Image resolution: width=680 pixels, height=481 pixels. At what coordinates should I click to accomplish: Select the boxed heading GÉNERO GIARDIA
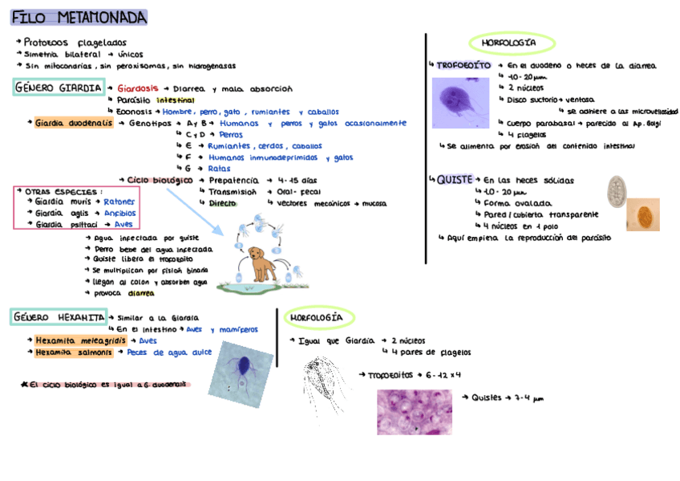pyautogui.click(x=58, y=88)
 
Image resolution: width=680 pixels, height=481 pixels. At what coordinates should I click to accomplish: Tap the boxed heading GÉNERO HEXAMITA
pyautogui.click(x=58, y=317)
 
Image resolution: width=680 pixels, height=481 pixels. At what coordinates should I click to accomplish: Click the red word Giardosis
pyautogui.click(x=138, y=88)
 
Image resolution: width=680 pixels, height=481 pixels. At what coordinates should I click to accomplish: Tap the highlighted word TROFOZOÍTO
pyautogui.click(x=463, y=65)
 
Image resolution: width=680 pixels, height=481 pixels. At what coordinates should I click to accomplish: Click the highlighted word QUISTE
pyautogui.click(x=454, y=180)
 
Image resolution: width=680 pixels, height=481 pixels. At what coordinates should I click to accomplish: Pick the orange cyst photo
pyautogui.click(x=642, y=214)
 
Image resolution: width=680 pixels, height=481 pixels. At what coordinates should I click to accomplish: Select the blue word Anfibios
pyautogui.click(x=119, y=214)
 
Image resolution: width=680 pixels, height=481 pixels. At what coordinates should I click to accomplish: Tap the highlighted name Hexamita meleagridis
pyautogui.click(x=79, y=340)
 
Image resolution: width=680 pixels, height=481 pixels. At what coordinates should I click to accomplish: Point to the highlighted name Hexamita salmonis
pyautogui.click(x=74, y=352)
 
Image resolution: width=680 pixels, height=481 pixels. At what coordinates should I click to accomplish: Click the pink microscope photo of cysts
pyautogui.click(x=415, y=411)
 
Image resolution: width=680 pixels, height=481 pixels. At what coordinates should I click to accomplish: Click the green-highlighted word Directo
pyautogui.click(x=222, y=203)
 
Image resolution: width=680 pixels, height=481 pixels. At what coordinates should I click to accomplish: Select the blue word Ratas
pyautogui.click(x=219, y=169)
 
